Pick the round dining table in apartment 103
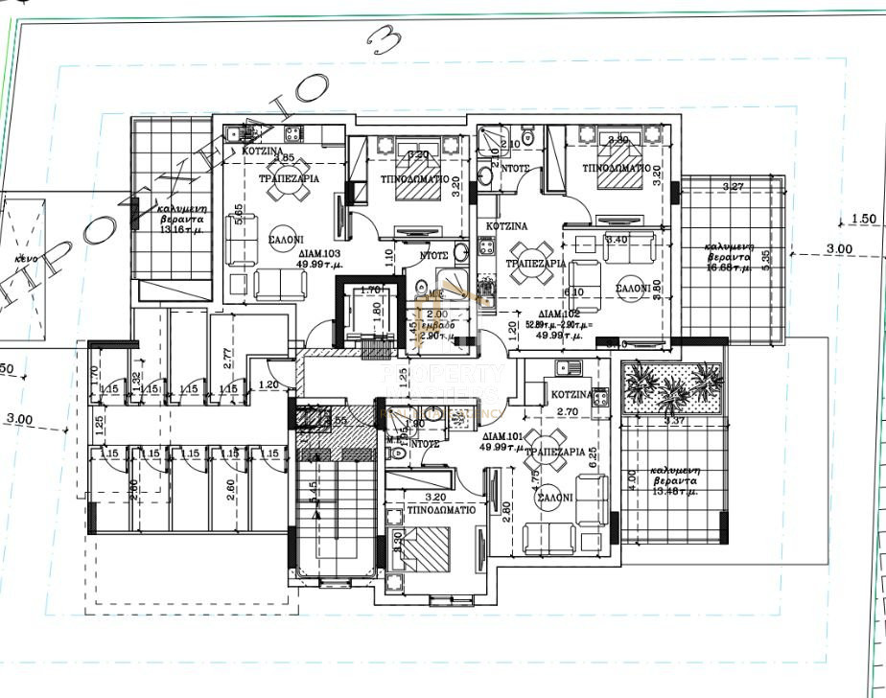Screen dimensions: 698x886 tap(289, 191)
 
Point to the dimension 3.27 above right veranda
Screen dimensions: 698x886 tap(734, 186)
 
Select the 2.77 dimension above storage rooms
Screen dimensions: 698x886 tap(227, 359)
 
